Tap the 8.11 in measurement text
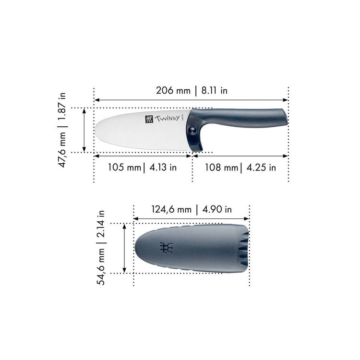[x=212, y=90]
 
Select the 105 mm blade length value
[x=117, y=168]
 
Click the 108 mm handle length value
[x=221, y=168]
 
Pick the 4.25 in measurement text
[x=261, y=168]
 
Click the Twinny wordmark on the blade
[x=168, y=119]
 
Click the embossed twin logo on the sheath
[x=166, y=247]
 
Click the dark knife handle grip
[x=245, y=117]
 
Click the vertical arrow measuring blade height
[x=84, y=130]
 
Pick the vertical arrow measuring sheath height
[x=124, y=248]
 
